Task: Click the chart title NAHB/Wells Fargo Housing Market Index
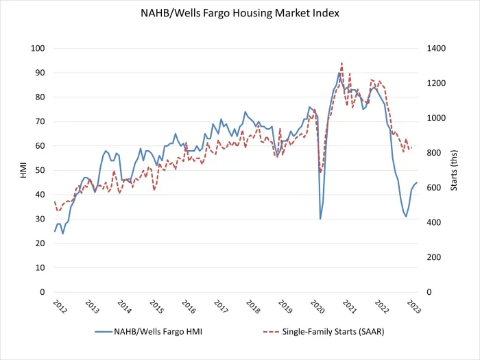pos(240,13)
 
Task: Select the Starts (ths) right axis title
pos(454,171)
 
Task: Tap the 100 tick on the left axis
pos(38,48)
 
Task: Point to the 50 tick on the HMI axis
pos(40,170)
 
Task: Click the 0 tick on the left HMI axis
pos(43,292)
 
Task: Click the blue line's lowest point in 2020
pos(320,219)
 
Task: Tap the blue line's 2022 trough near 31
pos(406,217)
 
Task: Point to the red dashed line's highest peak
pos(342,62)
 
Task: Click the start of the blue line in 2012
pos(55,231)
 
